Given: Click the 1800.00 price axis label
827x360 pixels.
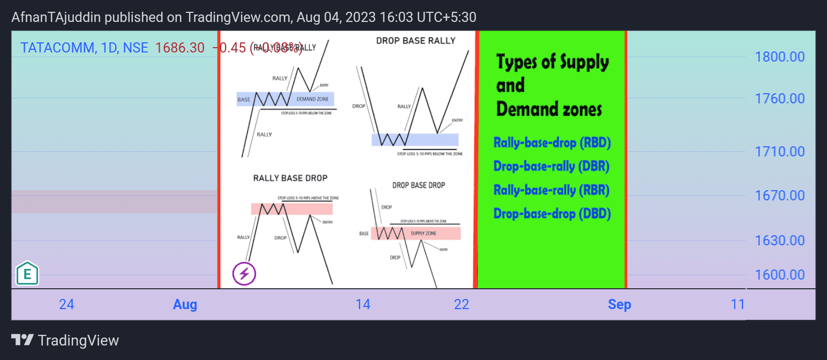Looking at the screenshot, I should click(779, 56).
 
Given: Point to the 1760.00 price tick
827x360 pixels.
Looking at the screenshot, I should click(779, 99).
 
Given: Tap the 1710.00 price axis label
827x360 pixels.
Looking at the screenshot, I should click(779, 152).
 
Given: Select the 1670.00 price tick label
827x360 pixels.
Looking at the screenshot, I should click(779, 196).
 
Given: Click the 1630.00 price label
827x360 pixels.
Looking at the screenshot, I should click(779, 241).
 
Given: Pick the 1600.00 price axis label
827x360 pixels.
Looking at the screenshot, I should click(779, 275).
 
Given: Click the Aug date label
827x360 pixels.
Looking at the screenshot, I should click(185, 305).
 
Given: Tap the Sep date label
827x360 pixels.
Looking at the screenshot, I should click(619, 305).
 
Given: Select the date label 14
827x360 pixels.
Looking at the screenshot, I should click(363, 305).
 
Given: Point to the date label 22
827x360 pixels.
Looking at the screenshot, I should click(461, 305).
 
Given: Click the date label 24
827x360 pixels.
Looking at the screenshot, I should click(66, 305).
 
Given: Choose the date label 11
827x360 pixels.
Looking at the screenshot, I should click(738, 305).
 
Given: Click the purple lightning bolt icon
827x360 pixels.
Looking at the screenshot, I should click(244, 274).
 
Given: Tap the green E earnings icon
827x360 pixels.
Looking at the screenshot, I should click(27, 274).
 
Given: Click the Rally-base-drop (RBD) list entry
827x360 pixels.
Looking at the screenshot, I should click(552, 143).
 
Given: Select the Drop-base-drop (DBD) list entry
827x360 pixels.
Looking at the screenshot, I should click(552, 214).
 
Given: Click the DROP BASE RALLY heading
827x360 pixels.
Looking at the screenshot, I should click(416, 41).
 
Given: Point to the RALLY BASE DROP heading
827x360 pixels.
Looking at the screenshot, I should click(290, 178).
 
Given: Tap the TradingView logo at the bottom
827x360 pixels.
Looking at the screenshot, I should click(65, 340).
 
